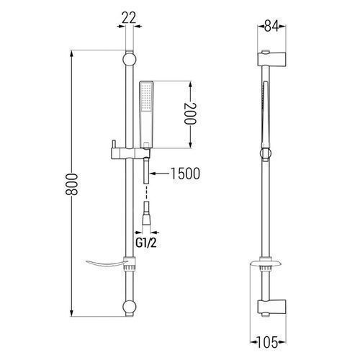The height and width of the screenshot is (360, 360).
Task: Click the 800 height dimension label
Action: [72, 184]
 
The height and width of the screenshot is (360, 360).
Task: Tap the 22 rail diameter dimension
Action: [129, 18]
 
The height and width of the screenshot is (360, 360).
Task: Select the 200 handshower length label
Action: [190, 114]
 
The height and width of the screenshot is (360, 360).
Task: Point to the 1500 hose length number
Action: [185, 174]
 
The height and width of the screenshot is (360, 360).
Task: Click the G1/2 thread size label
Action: [146, 243]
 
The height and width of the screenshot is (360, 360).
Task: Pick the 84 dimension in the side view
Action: [271, 26]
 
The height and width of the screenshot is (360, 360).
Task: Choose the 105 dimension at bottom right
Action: [267, 342]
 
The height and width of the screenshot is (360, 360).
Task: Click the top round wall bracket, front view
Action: [130, 60]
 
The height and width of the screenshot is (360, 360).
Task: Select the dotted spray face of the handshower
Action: [146, 98]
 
